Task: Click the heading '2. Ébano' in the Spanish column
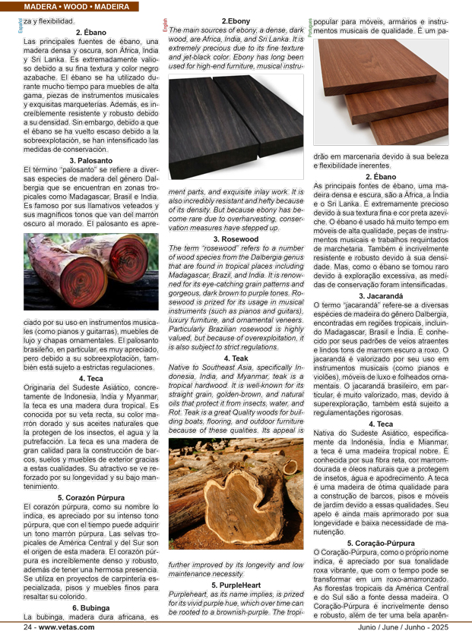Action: point(91,33)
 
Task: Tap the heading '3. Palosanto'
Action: point(91,161)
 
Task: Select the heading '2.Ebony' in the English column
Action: point(236,21)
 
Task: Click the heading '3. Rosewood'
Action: point(236,239)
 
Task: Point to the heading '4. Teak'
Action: point(236,358)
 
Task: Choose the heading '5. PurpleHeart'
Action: point(236,585)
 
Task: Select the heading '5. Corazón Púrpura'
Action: point(91,497)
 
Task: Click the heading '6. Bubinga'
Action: point(91,607)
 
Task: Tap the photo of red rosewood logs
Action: point(91,271)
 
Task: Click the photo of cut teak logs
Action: point(236,494)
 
